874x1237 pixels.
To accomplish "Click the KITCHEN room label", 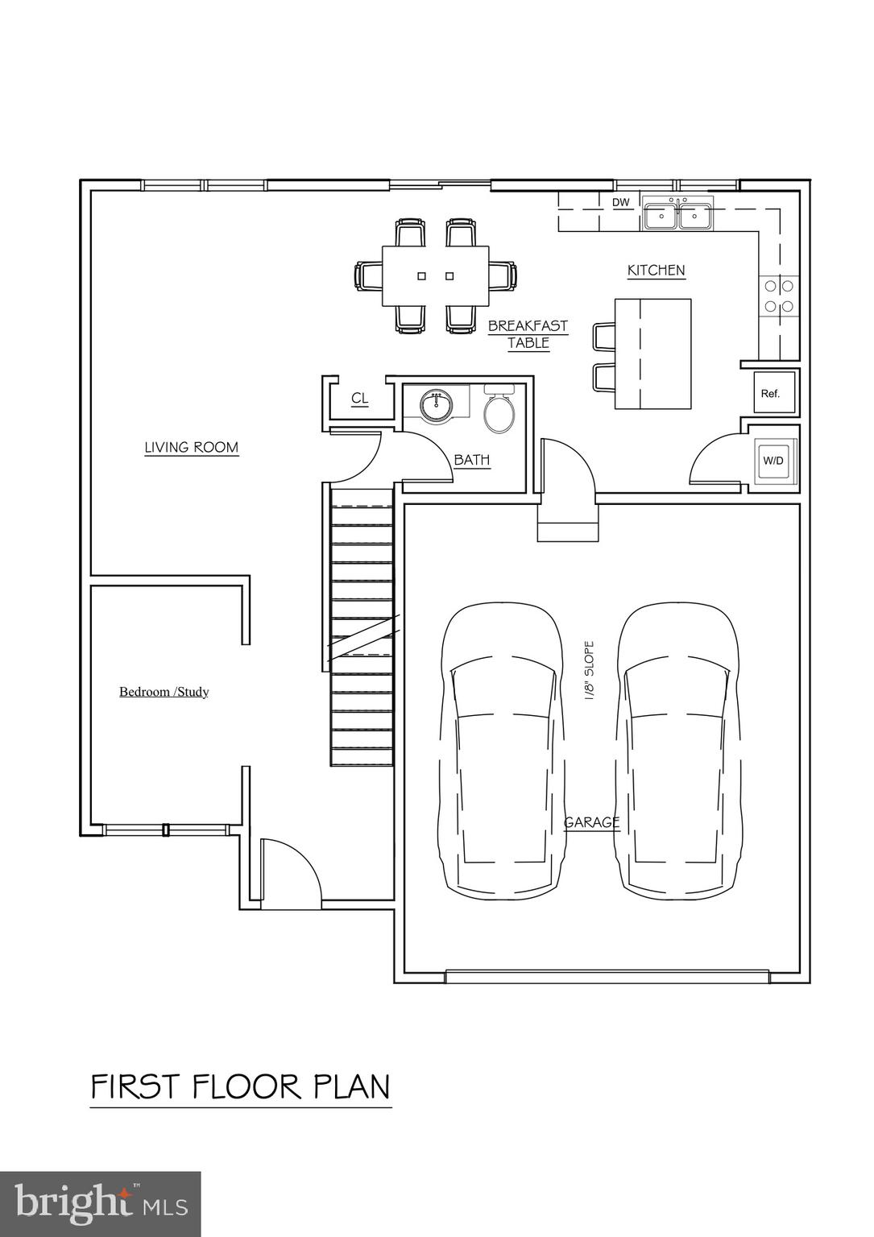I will [656, 271].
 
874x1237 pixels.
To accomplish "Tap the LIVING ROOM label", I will [191, 448].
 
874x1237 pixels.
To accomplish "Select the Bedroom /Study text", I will [164, 692].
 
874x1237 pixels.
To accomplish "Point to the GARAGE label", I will [591, 822].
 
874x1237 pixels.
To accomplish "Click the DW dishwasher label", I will [620, 203].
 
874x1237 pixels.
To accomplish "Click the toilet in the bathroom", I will [499, 411].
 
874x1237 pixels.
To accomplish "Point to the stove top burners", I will [778, 295].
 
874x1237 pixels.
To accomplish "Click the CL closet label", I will [360, 399].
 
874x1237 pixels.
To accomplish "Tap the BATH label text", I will [472, 460].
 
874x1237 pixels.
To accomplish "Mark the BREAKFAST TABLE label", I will [528, 334].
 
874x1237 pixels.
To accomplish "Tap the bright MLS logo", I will [100, 1203].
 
